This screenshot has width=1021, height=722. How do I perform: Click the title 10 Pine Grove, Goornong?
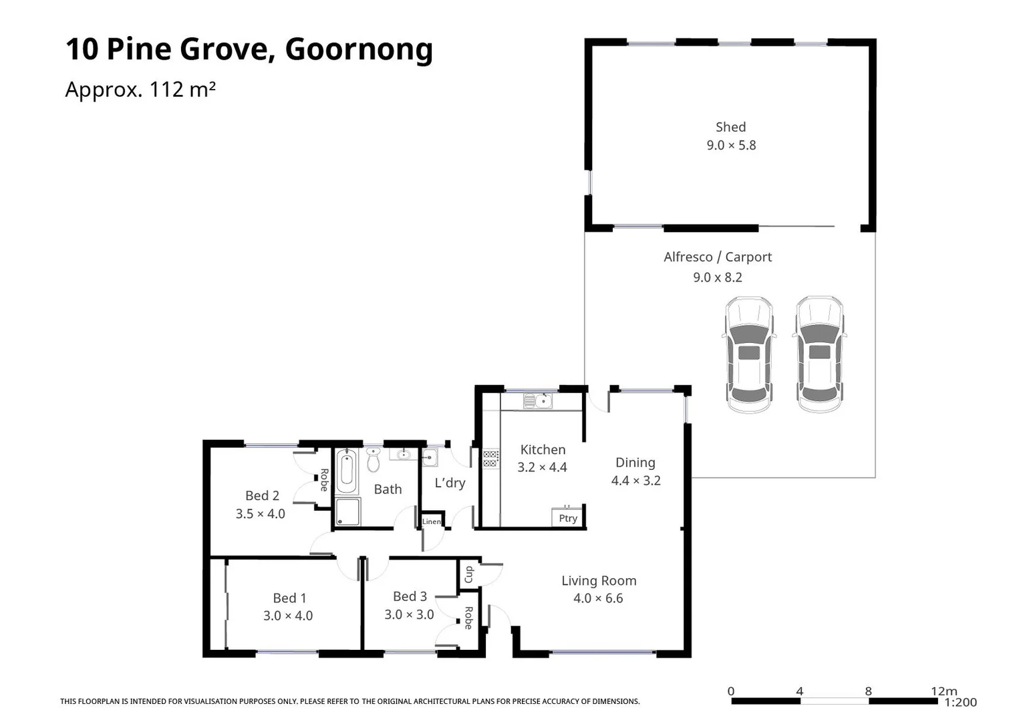point(249,49)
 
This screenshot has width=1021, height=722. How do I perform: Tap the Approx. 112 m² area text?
point(140,89)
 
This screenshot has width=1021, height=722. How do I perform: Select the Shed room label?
point(730,127)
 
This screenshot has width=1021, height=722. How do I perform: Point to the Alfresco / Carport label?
point(718,257)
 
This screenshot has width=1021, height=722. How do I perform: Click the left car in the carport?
point(748,354)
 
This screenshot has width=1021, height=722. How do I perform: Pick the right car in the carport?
point(819,354)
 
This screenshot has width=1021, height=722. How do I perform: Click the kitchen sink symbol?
point(538,401)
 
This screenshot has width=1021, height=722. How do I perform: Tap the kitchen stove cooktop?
point(490,459)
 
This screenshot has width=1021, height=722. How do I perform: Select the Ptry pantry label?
point(568,518)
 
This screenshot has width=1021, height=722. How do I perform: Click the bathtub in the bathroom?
point(346,471)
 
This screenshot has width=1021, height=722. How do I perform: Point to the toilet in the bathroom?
point(374,461)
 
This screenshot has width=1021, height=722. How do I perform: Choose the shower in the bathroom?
point(347,512)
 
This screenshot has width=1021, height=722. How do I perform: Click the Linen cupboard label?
point(432,521)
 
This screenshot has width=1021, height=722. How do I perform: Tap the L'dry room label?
point(450,483)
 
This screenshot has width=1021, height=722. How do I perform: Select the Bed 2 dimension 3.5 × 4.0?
point(260,514)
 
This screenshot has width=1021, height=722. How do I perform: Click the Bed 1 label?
point(289,598)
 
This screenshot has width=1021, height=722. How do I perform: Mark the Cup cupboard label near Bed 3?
point(469,574)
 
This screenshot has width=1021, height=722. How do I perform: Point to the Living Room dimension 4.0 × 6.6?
point(598,598)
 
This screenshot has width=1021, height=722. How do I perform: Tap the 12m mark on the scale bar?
point(943,691)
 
